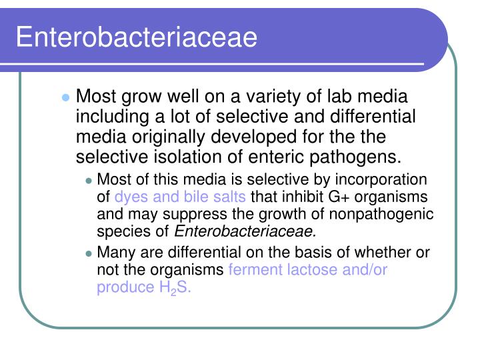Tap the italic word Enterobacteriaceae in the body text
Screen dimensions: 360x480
tap(245, 231)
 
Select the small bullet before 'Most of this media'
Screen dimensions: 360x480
tap(89, 181)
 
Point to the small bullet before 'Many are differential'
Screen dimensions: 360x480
tap(89, 253)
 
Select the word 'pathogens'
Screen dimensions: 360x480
tap(363, 157)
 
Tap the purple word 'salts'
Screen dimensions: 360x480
tap(229, 197)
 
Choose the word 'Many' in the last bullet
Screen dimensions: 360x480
tap(114, 253)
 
